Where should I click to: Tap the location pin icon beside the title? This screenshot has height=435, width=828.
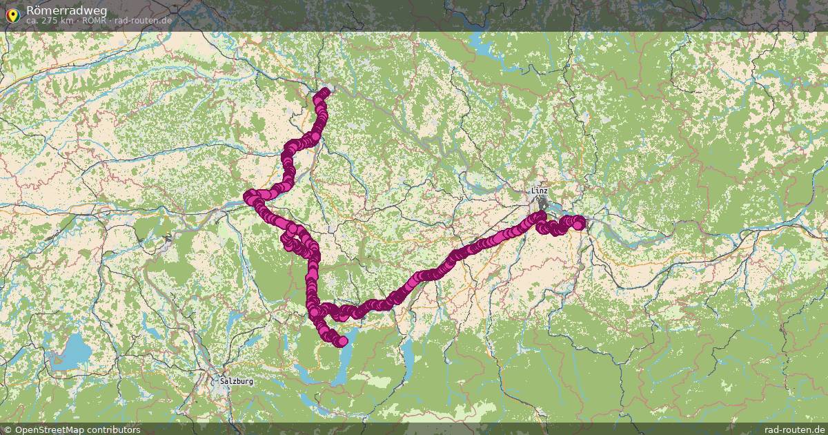tap(12, 14)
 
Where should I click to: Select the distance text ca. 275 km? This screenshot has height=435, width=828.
tap(50, 21)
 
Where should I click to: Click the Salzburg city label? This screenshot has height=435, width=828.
tap(237, 381)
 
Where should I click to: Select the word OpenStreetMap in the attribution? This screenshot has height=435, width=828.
tap(52, 429)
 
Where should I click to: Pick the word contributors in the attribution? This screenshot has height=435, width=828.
tap(116, 429)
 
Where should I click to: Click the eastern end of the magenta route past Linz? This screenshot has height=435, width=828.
tap(579, 222)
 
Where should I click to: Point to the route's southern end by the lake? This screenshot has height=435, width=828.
tap(342, 341)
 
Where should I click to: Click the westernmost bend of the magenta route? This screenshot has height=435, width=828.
tap(249, 197)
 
